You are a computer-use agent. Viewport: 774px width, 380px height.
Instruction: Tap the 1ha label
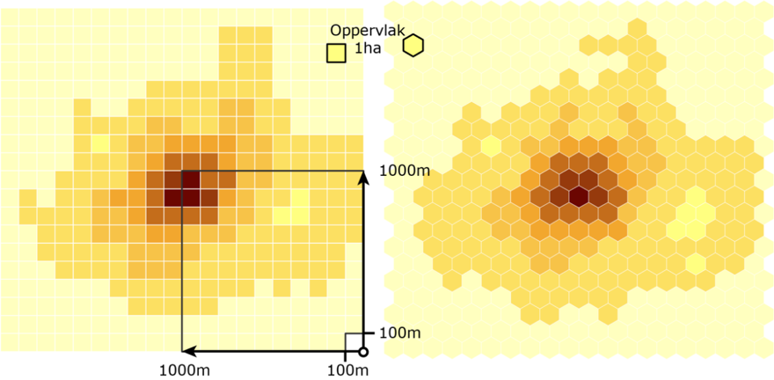click(x=367, y=50)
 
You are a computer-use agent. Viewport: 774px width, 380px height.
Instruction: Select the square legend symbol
click(x=335, y=54)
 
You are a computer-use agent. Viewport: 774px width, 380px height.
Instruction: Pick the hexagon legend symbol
click(x=413, y=45)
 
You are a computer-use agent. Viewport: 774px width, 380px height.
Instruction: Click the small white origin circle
click(x=363, y=352)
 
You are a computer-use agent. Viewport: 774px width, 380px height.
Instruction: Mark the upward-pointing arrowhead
click(x=363, y=178)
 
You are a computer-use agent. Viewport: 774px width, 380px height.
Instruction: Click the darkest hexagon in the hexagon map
click(x=579, y=195)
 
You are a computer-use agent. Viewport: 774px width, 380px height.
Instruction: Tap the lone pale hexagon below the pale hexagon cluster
click(x=696, y=263)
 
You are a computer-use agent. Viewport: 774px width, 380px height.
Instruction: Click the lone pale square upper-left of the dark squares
click(x=100, y=142)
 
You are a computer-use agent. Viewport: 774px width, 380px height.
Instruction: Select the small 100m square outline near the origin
click(x=354, y=342)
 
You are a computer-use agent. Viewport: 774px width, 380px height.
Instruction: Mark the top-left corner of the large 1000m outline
click(x=182, y=171)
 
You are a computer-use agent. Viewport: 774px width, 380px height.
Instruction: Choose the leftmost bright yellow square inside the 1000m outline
click(x=281, y=215)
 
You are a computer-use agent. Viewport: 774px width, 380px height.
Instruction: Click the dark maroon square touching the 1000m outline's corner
click(x=191, y=179)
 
